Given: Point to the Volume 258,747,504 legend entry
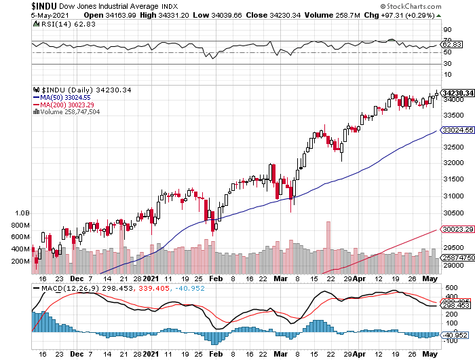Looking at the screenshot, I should pos(69,111).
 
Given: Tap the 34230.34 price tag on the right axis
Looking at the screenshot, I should pos(457,92).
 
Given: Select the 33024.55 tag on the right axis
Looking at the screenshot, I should pos(457,130).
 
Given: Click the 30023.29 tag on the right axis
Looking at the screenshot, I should pos(457,230).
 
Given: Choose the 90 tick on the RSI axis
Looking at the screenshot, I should pos(448,30).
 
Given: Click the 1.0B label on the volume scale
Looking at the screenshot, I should pos(22,213).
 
